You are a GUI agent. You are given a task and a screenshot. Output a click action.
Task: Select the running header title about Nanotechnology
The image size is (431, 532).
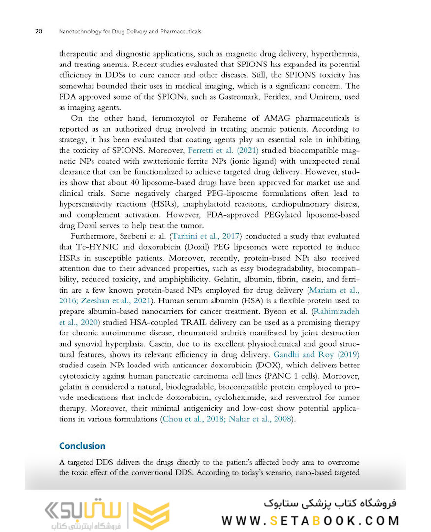pyautogui.click(x=130, y=32)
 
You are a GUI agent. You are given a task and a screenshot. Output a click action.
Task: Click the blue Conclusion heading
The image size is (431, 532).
pyautogui.click(x=82, y=446)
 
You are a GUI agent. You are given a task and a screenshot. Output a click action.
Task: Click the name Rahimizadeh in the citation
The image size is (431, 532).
pyautogui.click(x=336, y=311)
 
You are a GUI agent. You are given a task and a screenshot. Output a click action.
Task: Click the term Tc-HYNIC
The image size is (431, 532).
pyautogui.click(x=92, y=247)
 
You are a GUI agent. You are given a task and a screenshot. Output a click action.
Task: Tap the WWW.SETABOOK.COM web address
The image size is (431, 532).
pyautogui.click(x=310, y=521)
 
